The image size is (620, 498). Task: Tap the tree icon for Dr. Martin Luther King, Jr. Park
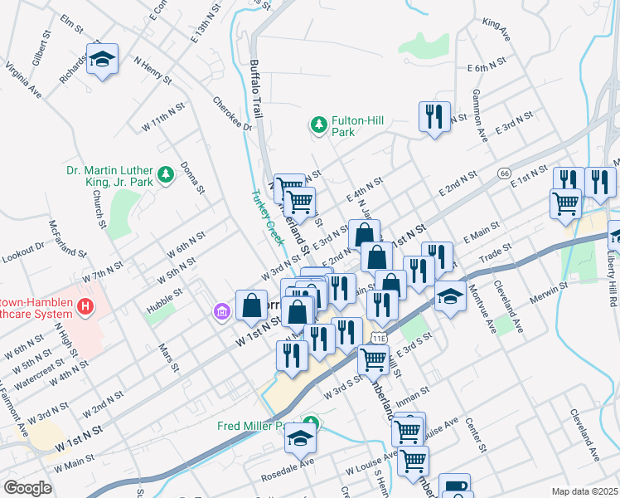coord(166,173)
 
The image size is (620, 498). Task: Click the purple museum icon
coord(221,312)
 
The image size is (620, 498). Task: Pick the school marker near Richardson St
coord(103,60)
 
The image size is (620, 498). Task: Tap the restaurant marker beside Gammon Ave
coord(434,116)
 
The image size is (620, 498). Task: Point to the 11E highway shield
coord(379,338)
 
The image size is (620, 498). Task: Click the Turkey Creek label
coord(270,216)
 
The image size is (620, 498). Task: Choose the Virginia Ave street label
coord(23,79)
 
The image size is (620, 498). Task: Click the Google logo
coord(27,488)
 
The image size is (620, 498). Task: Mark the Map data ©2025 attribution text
coord(584,491)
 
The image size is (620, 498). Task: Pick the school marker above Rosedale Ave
coord(300,439)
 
